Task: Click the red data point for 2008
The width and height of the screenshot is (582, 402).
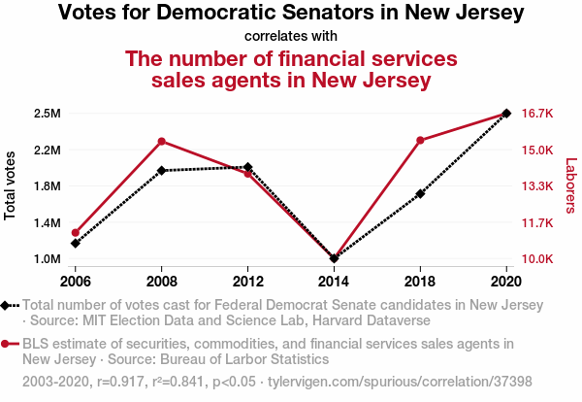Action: point(162,142)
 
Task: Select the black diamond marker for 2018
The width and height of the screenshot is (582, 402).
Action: point(420,194)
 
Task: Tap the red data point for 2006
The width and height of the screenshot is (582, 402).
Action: point(76,233)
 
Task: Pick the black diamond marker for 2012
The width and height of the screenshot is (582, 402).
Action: point(248,168)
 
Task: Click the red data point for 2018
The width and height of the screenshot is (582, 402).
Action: point(420,141)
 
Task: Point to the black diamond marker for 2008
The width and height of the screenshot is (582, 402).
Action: point(162,171)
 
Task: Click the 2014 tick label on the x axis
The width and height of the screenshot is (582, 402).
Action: point(334,281)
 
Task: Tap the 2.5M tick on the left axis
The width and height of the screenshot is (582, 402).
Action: point(47,114)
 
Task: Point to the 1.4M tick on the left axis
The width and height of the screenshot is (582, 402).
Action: point(47,223)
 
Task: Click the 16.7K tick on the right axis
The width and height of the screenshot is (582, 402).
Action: point(536,114)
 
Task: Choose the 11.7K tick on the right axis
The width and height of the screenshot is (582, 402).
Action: point(536,223)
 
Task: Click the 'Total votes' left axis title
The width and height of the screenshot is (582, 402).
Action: point(11,185)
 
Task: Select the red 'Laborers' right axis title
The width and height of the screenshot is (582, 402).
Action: point(570,186)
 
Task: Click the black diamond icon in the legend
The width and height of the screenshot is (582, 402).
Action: point(7,305)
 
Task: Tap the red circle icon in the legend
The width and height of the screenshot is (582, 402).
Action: point(7,344)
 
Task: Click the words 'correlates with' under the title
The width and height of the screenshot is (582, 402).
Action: point(291,37)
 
